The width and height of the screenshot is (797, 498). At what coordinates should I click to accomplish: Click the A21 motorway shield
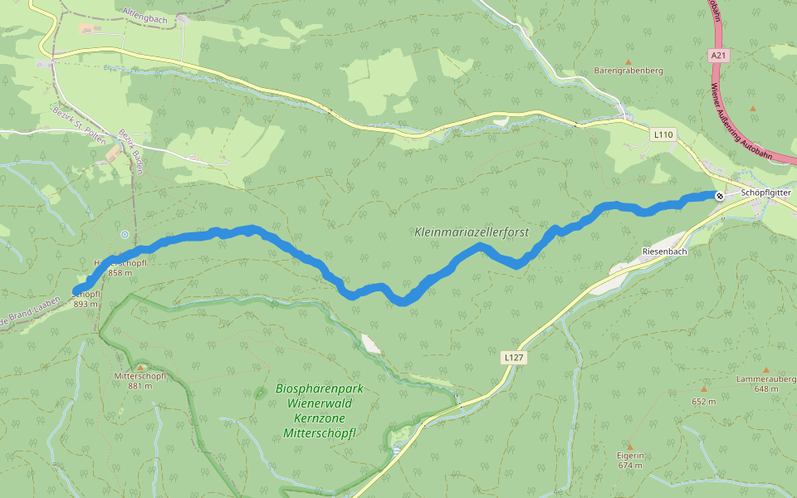pyautogui.click(x=718, y=55)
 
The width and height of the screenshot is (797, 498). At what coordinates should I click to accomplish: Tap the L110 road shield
pyautogui.click(x=663, y=134)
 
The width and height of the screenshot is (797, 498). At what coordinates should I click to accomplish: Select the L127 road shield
pyautogui.click(x=514, y=357)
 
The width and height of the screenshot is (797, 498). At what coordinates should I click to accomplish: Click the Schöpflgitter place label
pyautogui.click(x=765, y=193)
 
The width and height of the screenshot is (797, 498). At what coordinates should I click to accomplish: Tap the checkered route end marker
pyautogui.click(x=719, y=195)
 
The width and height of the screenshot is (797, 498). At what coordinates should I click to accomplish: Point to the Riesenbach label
pyautogui.click(x=664, y=251)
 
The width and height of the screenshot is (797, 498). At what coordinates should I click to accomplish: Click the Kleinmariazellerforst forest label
pyautogui.click(x=472, y=232)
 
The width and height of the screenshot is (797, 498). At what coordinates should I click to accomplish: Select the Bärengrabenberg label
pyautogui.click(x=628, y=71)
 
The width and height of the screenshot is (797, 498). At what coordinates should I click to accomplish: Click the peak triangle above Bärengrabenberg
pyautogui.click(x=628, y=61)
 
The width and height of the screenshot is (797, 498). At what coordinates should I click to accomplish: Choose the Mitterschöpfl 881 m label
pyautogui.click(x=140, y=381)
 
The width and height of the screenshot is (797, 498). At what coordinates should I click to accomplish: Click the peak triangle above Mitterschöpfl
pyautogui.click(x=141, y=366)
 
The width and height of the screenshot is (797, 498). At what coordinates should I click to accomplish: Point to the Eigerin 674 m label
pyautogui.click(x=631, y=461)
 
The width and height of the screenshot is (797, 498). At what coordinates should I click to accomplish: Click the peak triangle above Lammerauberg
pyautogui.click(x=766, y=370)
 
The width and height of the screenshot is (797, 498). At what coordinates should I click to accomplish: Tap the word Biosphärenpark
pyautogui.click(x=320, y=389)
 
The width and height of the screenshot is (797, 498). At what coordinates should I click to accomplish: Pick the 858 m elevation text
pyautogui.click(x=120, y=273)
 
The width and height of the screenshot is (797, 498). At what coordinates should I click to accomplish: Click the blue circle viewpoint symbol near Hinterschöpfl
pyautogui.click(x=124, y=234)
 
